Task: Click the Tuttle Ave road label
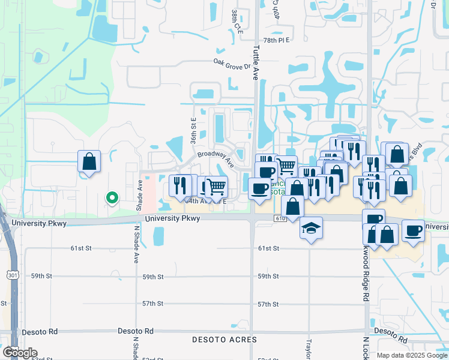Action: point(255,65)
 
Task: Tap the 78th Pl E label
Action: point(276,40)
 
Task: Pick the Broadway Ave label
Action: point(215,158)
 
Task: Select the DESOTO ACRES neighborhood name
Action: point(224,340)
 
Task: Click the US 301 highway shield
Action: point(13,275)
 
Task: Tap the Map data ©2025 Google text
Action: point(412,355)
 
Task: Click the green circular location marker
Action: point(111,196)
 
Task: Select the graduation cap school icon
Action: point(311,228)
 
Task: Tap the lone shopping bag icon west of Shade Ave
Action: point(89,161)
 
